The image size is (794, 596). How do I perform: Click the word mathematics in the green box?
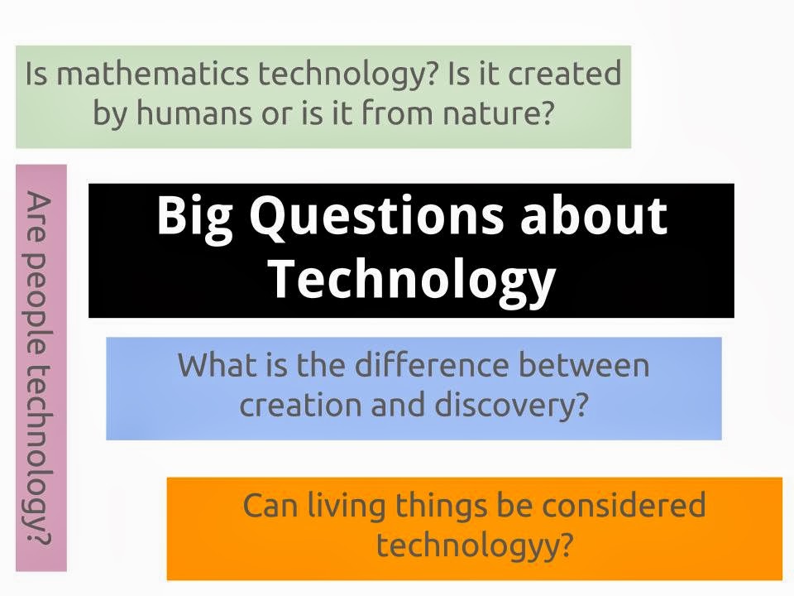click(152, 73)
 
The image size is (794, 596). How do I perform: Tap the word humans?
click(194, 113)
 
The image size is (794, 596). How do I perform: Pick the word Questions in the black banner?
click(376, 215)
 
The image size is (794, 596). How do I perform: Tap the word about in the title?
click(594, 215)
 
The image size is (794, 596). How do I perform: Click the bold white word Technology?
click(413, 279)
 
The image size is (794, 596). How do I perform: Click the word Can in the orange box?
click(270, 506)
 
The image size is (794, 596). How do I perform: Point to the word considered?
click(624, 505)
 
